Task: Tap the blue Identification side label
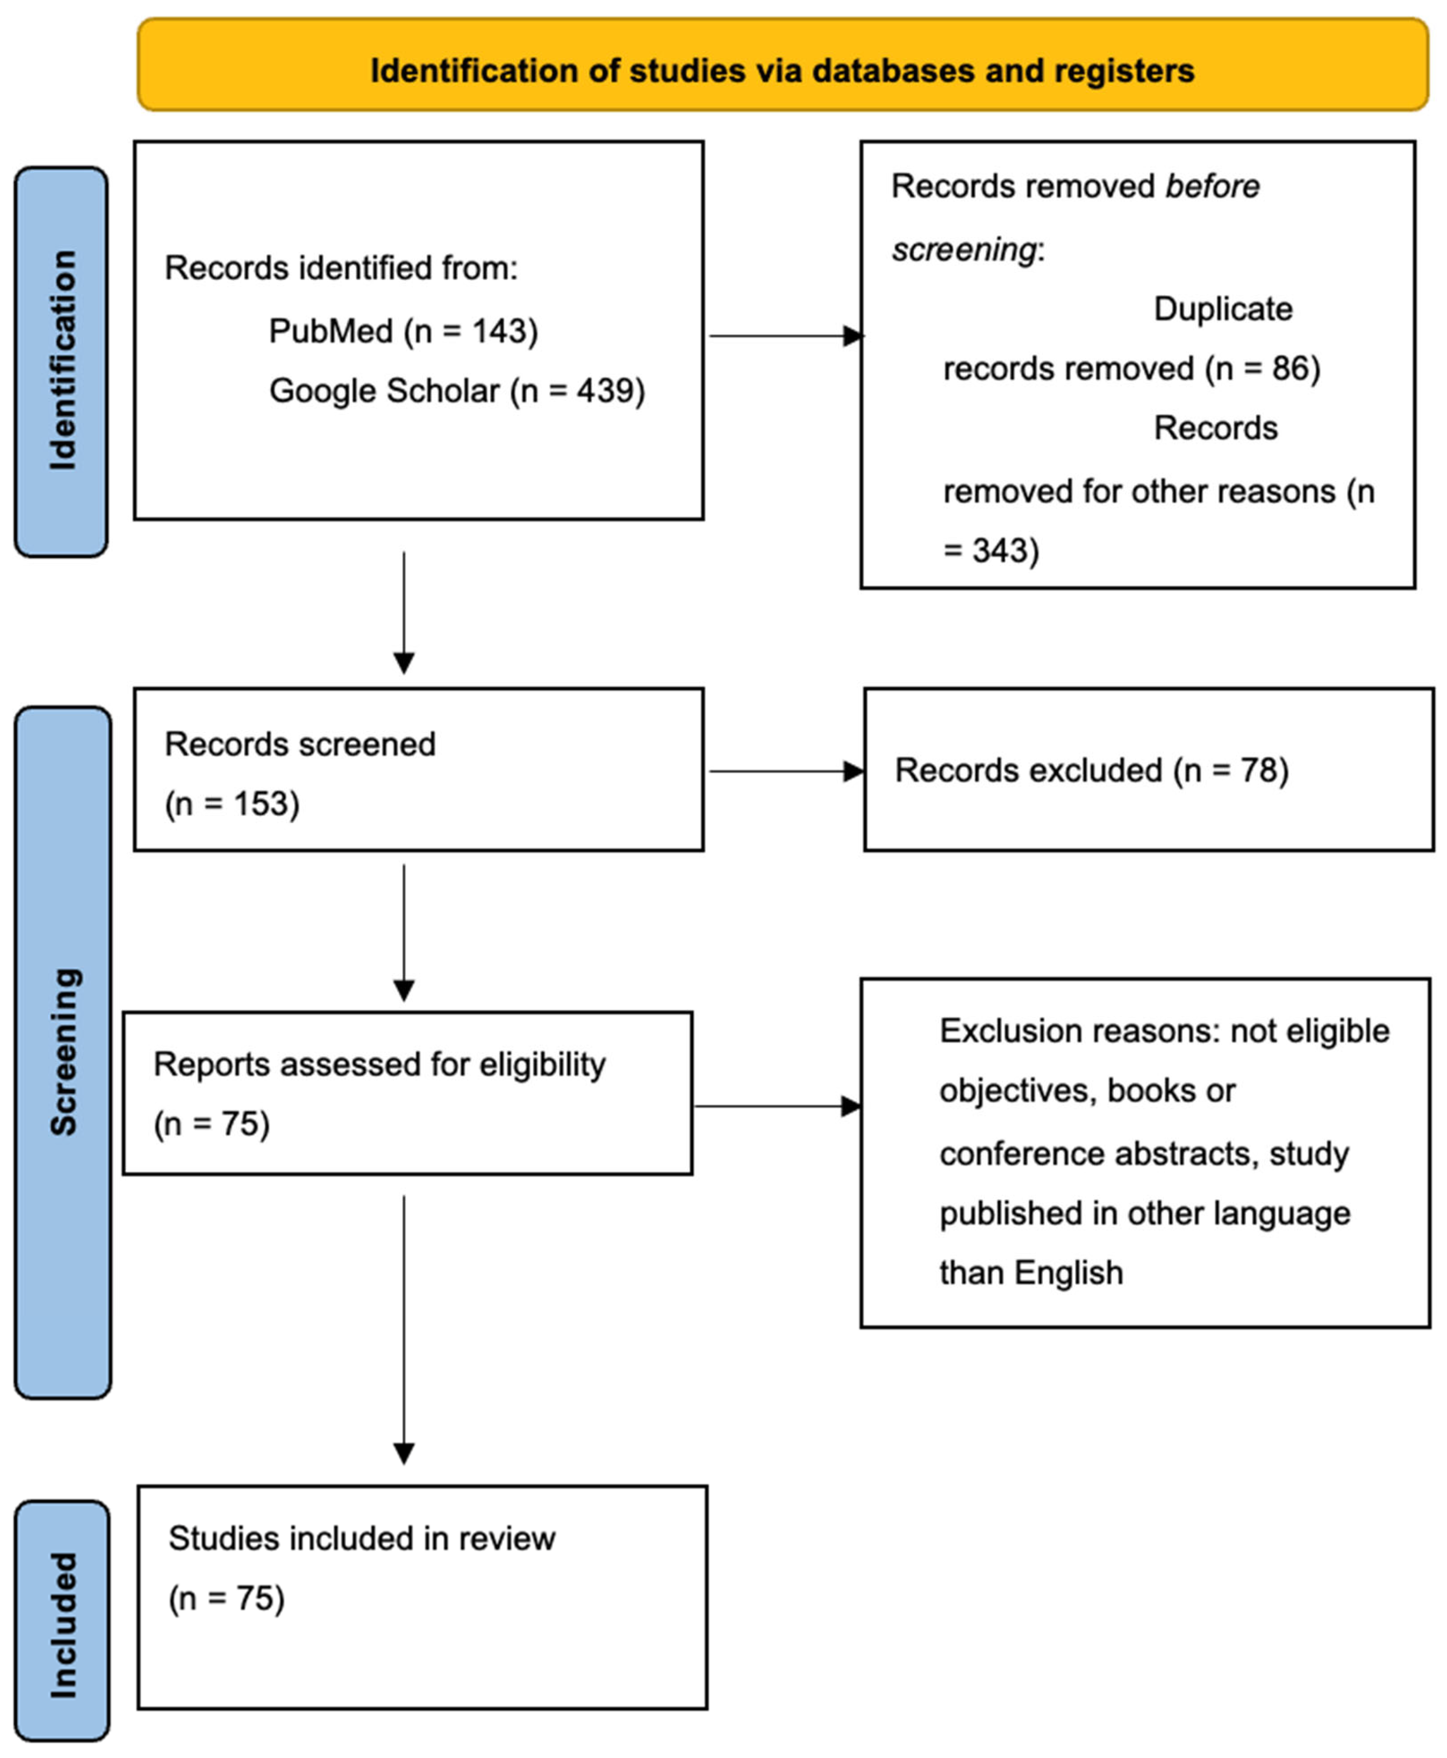62,361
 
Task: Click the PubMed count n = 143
471,332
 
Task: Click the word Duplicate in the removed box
1222,309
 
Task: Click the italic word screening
964,249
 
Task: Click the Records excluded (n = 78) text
1091,771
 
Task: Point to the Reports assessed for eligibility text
379,1065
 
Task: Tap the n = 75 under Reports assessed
212,1124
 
